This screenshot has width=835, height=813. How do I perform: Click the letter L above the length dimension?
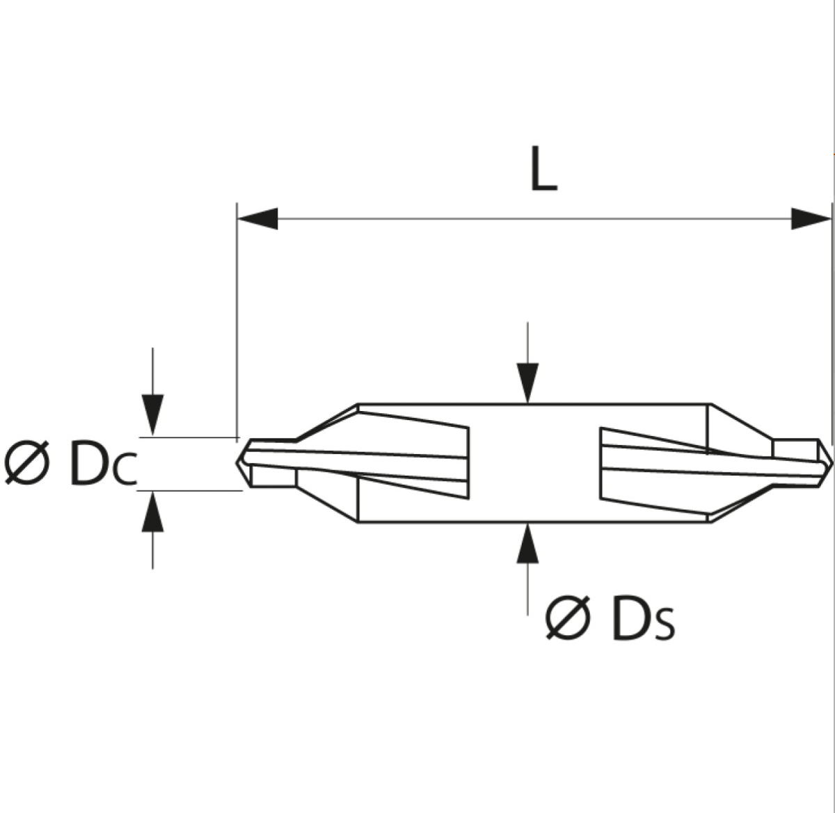543,168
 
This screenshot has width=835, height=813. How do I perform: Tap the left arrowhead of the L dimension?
258,218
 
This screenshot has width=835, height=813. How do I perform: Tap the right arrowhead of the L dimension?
811,218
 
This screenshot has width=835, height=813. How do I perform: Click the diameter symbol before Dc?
26,462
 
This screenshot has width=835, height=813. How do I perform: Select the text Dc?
104,463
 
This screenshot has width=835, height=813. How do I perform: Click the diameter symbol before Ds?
567,618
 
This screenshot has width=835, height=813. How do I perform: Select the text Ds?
644,618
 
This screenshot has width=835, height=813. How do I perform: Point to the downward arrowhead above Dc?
153,414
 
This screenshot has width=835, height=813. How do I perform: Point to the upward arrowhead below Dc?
153,512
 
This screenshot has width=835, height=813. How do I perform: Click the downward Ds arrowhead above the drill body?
527,383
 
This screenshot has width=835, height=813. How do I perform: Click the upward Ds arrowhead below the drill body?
527,543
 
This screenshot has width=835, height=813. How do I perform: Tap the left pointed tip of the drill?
237,462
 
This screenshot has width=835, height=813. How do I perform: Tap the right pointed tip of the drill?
832,462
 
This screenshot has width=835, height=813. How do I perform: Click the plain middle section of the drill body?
534,462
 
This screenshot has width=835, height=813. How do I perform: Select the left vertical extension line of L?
237,321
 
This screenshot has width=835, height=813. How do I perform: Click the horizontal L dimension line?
534,218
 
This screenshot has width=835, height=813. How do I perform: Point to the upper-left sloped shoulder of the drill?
328,422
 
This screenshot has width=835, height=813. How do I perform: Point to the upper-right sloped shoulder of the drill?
742,421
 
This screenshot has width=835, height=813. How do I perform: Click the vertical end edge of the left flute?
468,462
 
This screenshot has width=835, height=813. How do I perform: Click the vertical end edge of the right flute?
601,463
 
